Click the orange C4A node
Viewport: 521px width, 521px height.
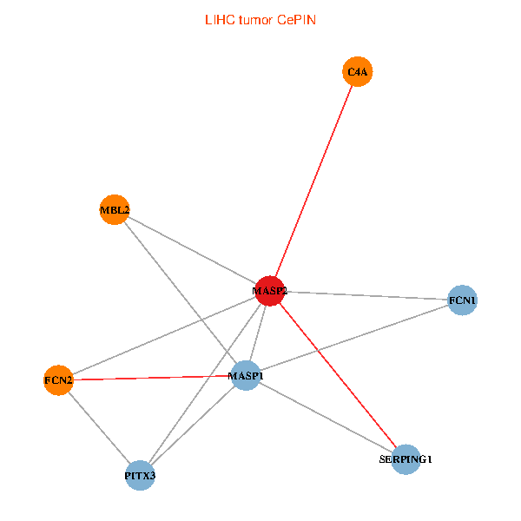coord(358,72)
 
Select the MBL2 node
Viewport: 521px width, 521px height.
coord(115,209)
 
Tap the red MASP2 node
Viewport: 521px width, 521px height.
coord(270,290)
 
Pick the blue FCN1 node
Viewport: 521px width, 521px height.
coord(462,300)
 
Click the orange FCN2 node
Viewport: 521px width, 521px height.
coord(58,379)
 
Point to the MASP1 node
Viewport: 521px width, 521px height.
coord(246,376)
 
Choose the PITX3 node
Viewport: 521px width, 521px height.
coord(140,475)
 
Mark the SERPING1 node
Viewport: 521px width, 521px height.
coord(406,458)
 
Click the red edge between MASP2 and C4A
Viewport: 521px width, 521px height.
coord(314,181)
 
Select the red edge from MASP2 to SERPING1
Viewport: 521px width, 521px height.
coord(338,374)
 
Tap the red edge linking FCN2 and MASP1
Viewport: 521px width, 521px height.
coord(152,378)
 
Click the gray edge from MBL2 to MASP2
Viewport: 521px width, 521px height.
coord(192,249)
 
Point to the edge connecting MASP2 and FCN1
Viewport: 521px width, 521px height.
coord(365,295)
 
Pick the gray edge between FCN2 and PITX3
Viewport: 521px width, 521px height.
coord(99,427)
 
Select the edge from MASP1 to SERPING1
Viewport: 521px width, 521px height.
coord(326,417)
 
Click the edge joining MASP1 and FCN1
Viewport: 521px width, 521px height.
coord(353,339)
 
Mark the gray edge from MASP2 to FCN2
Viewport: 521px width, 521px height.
coord(164,334)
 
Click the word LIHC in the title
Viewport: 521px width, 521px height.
coord(218,19)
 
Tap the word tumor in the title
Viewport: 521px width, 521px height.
coord(256,19)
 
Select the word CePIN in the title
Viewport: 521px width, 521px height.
coord(296,19)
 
